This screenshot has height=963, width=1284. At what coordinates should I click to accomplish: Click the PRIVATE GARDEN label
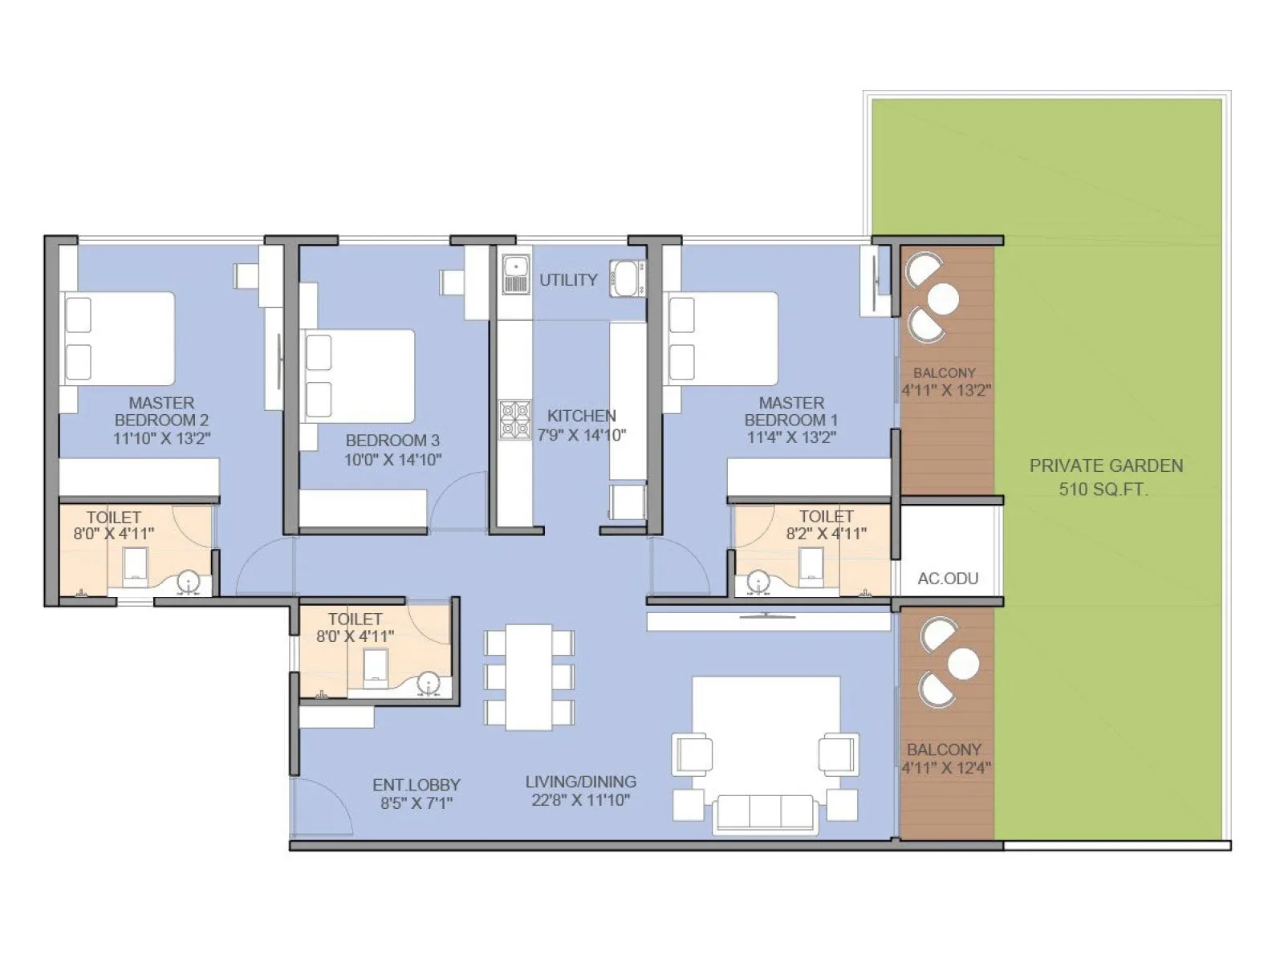point(1106,466)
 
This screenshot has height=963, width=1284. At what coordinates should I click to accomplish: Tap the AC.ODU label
point(948,579)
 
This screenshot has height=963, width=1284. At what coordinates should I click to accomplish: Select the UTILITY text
point(568,280)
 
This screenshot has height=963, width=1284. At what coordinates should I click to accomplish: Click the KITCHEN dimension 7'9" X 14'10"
point(582,436)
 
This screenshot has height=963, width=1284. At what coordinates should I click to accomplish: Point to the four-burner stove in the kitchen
point(514,421)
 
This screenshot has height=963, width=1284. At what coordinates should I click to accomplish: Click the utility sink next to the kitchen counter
point(514,274)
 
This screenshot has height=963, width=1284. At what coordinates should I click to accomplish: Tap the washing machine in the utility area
point(627,278)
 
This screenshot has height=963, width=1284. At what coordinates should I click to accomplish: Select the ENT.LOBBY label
point(416,785)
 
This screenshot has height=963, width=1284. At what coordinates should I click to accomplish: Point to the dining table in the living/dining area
point(528,677)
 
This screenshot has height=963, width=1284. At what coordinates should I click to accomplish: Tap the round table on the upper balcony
point(943,299)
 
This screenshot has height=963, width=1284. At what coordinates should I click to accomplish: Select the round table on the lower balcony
point(962,664)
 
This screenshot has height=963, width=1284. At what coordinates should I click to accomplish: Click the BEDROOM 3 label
point(392,441)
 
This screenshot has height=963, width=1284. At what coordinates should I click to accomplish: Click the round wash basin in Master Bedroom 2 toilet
point(188,583)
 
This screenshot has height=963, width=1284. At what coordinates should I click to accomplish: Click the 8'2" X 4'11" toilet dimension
point(826,534)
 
